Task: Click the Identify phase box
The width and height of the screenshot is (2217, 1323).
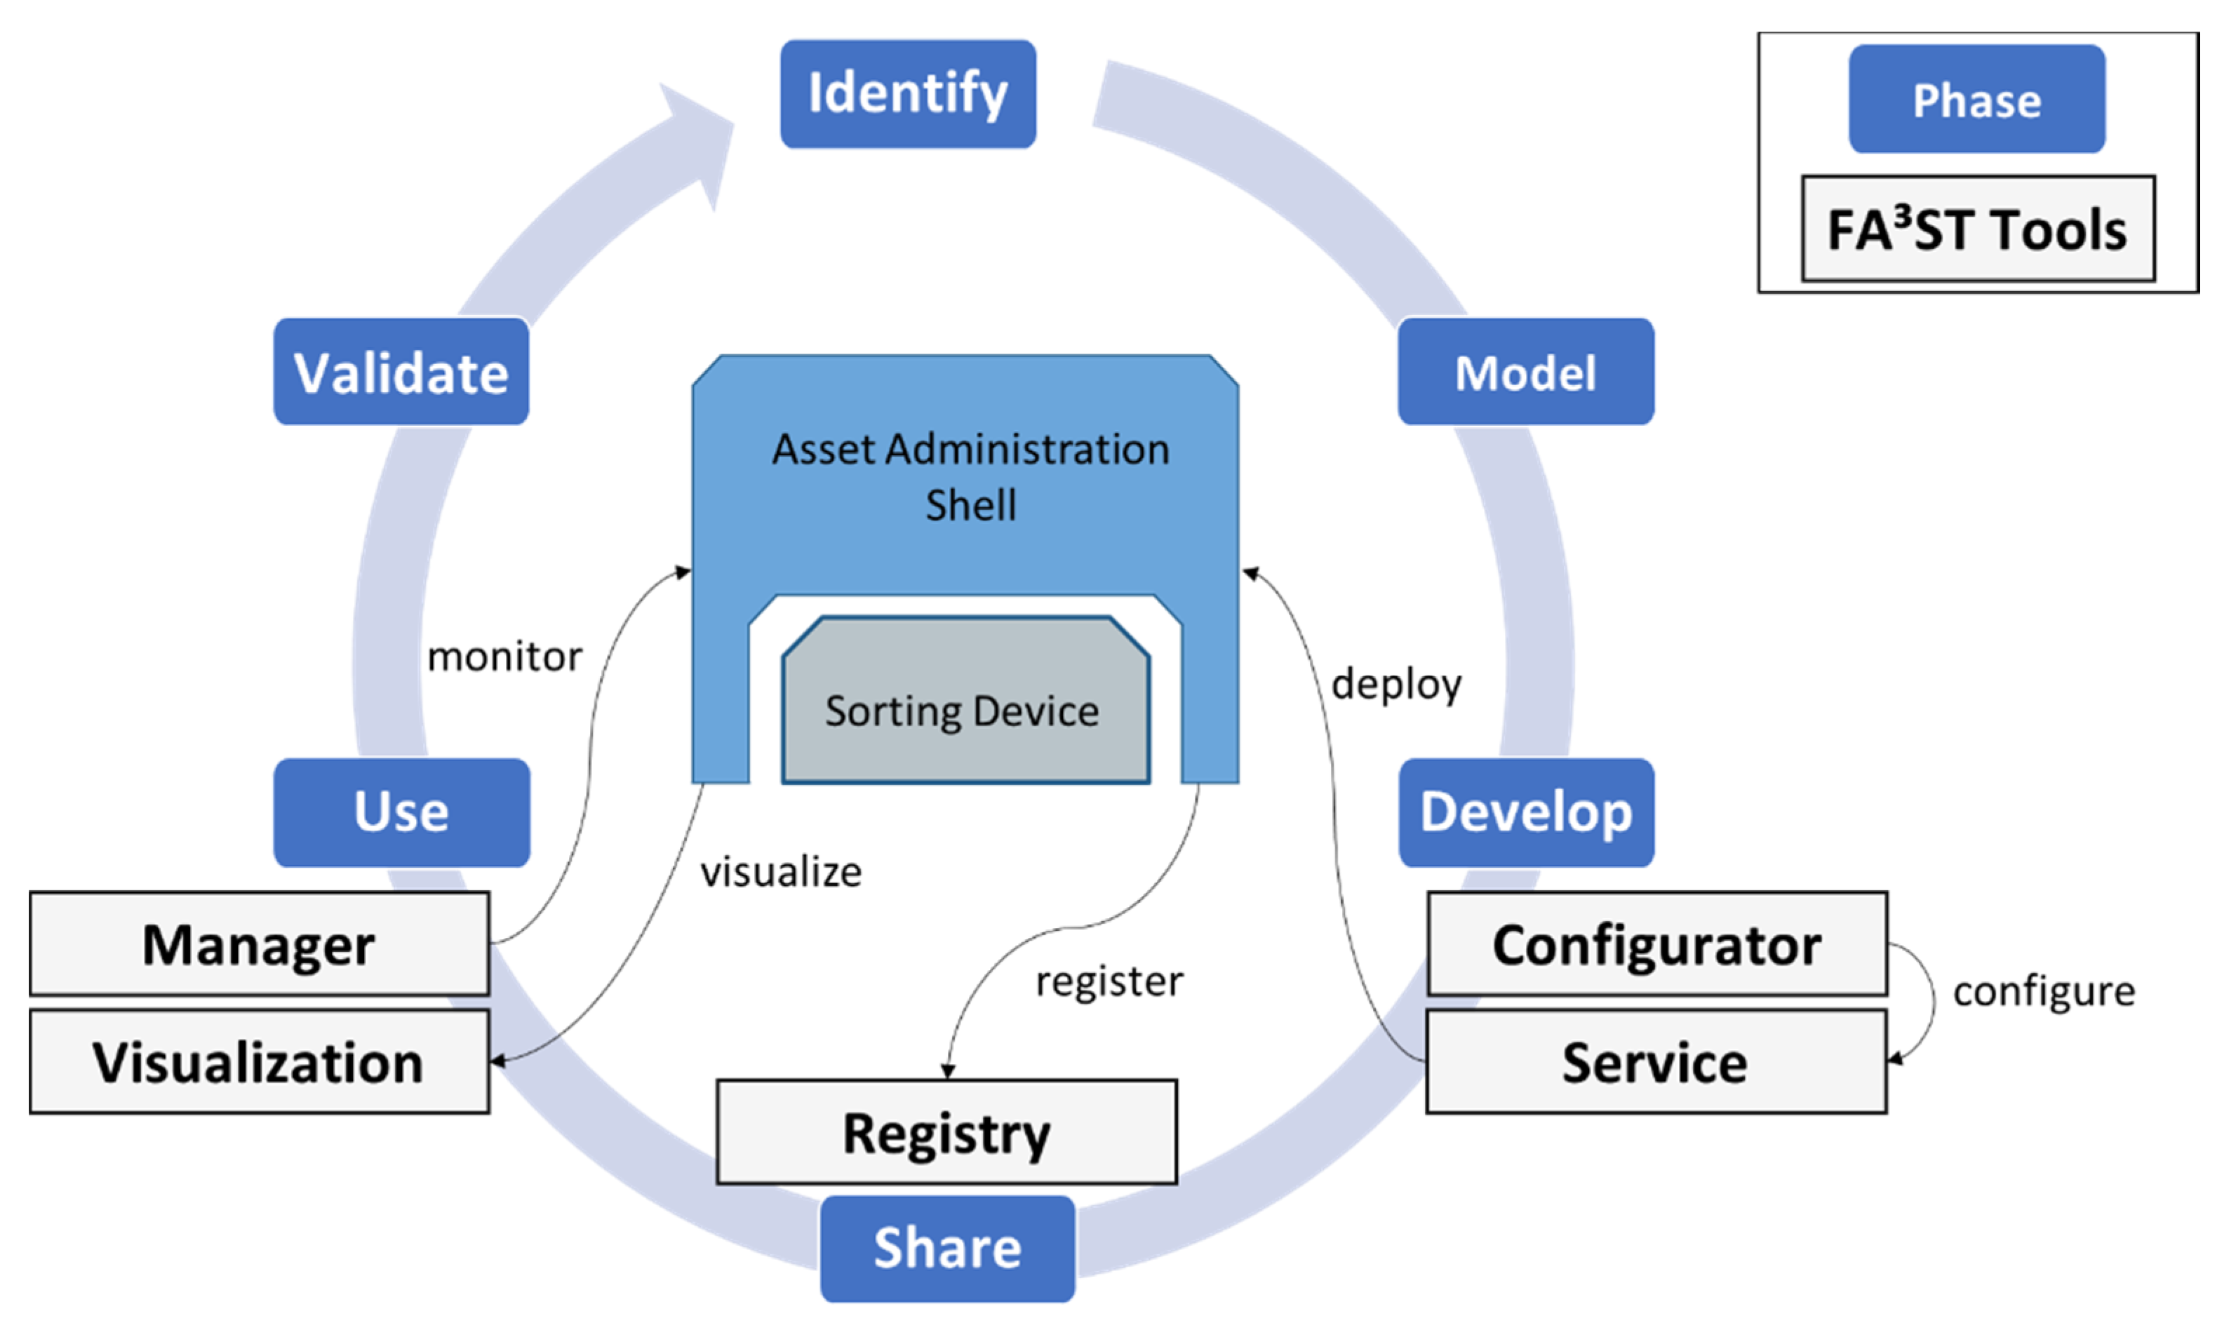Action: (x=907, y=93)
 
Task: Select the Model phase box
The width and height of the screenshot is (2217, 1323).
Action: (x=1525, y=372)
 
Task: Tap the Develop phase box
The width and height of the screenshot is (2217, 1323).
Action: (x=1526, y=812)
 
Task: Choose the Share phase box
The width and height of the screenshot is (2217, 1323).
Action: (x=946, y=1247)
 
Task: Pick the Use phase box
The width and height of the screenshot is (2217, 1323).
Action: (x=401, y=812)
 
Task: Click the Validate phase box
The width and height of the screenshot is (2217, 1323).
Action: (x=401, y=372)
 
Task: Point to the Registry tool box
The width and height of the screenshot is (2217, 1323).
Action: (x=946, y=1132)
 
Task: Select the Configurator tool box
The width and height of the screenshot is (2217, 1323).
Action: (x=1656, y=944)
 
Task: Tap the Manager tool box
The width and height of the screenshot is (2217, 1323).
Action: (x=258, y=944)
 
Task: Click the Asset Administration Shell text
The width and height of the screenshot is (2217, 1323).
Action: (x=970, y=476)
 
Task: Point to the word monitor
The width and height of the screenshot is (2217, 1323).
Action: (x=504, y=657)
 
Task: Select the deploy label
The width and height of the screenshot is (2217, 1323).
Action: (x=1396, y=685)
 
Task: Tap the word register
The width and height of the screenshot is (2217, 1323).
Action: (x=1109, y=981)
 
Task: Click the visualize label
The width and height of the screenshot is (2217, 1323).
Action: (x=781, y=872)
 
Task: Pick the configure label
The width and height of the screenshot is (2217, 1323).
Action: (x=2043, y=992)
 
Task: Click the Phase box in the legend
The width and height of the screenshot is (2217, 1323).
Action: (x=1976, y=100)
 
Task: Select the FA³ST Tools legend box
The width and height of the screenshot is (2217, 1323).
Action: (x=1977, y=229)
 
